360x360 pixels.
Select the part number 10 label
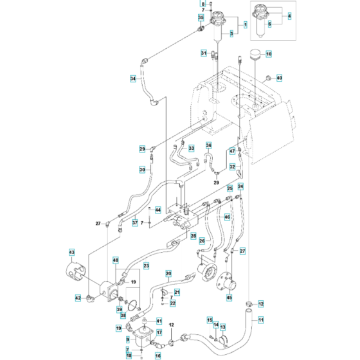268,53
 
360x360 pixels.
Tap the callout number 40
279,78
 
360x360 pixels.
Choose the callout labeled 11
260,319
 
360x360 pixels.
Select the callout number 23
146,265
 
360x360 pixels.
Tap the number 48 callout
115,260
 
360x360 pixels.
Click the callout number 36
209,145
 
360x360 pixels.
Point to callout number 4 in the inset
289,15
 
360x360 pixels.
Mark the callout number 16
157,355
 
